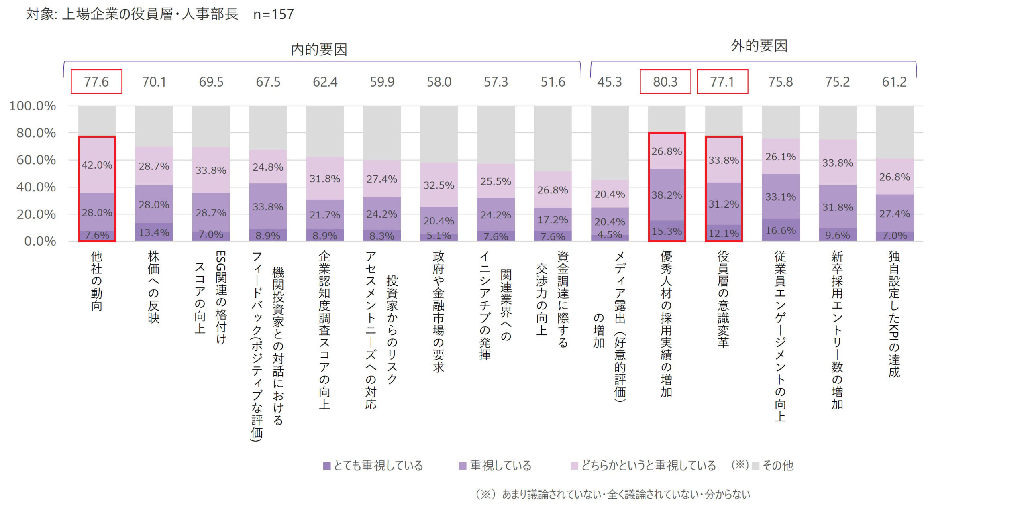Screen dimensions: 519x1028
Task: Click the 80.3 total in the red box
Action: tap(665, 82)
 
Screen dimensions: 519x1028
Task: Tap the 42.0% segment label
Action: tap(97, 165)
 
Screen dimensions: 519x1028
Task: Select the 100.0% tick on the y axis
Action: tap(33, 106)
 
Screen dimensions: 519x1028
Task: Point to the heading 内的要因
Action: tap(319, 49)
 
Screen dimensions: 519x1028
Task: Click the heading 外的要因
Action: tap(759, 46)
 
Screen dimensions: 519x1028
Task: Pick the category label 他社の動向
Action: tap(97, 281)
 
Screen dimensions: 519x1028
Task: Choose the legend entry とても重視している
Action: tap(373, 466)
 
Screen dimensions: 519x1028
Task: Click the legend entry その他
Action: tap(773, 466)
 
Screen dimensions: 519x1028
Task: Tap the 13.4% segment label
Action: tap(154, 232)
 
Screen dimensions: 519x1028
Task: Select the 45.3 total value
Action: tap(609, 82)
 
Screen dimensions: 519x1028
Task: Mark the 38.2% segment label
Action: tap(667, 195)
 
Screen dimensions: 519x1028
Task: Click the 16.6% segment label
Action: tap(781, 230)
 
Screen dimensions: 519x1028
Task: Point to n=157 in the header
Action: tap(273, 14)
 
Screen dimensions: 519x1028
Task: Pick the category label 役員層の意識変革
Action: tap(723, 299)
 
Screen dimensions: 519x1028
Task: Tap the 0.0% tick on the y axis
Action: tap(40, 241)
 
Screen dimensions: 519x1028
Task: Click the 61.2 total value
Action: tap(894, 82)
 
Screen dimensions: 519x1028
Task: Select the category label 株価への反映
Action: tap(154, 287)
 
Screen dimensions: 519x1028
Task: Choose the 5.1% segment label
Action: tap(439, 235)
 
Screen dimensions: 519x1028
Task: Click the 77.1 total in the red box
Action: tap(722, 82)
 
